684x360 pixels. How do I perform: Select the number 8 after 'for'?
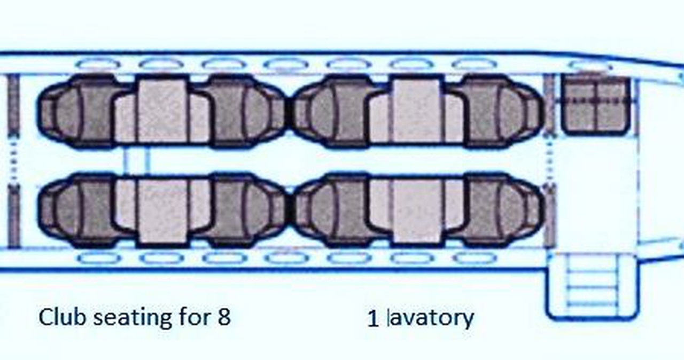(224, 317)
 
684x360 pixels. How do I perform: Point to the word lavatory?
(431, 319)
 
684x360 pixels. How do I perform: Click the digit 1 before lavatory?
(372, 318)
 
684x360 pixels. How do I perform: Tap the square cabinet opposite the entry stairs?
(596, 104)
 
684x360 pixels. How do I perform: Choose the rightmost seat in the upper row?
(498, 111)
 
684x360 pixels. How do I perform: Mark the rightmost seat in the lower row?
(498, 210)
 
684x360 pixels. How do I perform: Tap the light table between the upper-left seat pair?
(162, 111)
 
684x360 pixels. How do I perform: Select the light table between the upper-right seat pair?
(416, 111)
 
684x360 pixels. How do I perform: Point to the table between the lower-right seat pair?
(416, 211)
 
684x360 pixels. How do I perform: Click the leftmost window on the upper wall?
(98, 64)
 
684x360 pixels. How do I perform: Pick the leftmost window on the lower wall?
(99, 259)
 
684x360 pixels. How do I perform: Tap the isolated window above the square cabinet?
(589, 66)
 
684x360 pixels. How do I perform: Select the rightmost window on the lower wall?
(475, 259)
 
